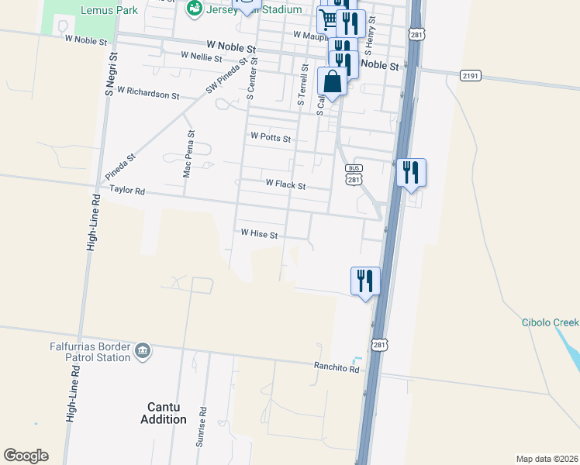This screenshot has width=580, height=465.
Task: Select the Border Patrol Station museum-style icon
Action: point(143,351)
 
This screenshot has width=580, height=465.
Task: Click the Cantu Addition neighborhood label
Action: point(167,413)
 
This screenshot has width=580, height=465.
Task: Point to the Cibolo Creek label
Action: point(550,322)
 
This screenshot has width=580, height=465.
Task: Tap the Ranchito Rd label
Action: point(337,368)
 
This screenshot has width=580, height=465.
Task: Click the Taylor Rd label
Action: point(127,190)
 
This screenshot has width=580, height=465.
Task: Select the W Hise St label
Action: point(259,232)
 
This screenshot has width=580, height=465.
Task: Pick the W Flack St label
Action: point(285,185)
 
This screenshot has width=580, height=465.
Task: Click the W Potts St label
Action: point(271,138)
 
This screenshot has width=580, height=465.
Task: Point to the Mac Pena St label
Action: point(188,153)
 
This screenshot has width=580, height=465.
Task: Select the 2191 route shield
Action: point(470,75)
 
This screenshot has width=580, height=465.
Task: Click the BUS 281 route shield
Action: point(354,175)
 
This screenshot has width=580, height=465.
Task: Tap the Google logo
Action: point(26,456)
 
